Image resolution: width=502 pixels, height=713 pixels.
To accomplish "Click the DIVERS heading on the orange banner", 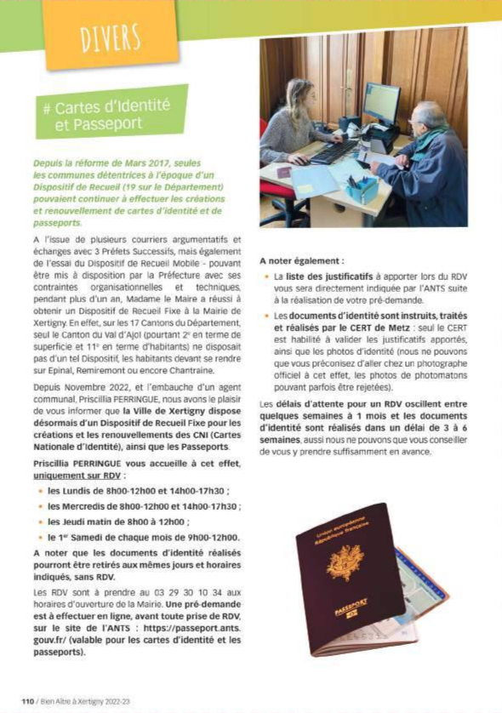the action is [110, 37].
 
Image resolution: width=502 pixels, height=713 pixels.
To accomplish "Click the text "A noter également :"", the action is [302, 260].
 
